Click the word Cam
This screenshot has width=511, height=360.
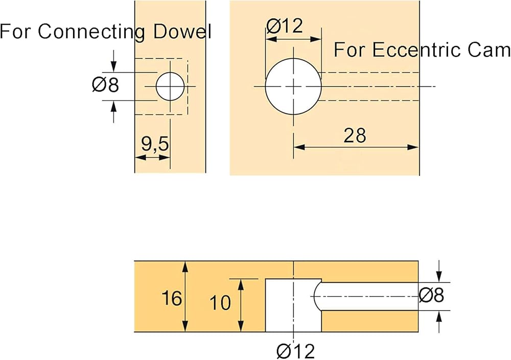click(491, 50)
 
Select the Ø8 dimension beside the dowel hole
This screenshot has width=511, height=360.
click(106, 85)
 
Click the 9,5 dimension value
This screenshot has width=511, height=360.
click(155, 145)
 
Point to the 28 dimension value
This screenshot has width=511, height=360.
click(355, 136)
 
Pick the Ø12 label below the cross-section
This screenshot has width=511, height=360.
click(295, 351)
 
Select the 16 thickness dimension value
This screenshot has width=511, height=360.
click(172, 298)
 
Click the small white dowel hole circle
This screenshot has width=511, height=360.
click(170, 86)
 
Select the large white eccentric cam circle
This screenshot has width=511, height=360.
click(293, 86)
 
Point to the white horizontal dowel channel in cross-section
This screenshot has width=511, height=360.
click(368, 296)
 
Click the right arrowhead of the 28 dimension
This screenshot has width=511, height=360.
click(415, 147)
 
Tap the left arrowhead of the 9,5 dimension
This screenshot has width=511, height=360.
click(138, 157)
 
